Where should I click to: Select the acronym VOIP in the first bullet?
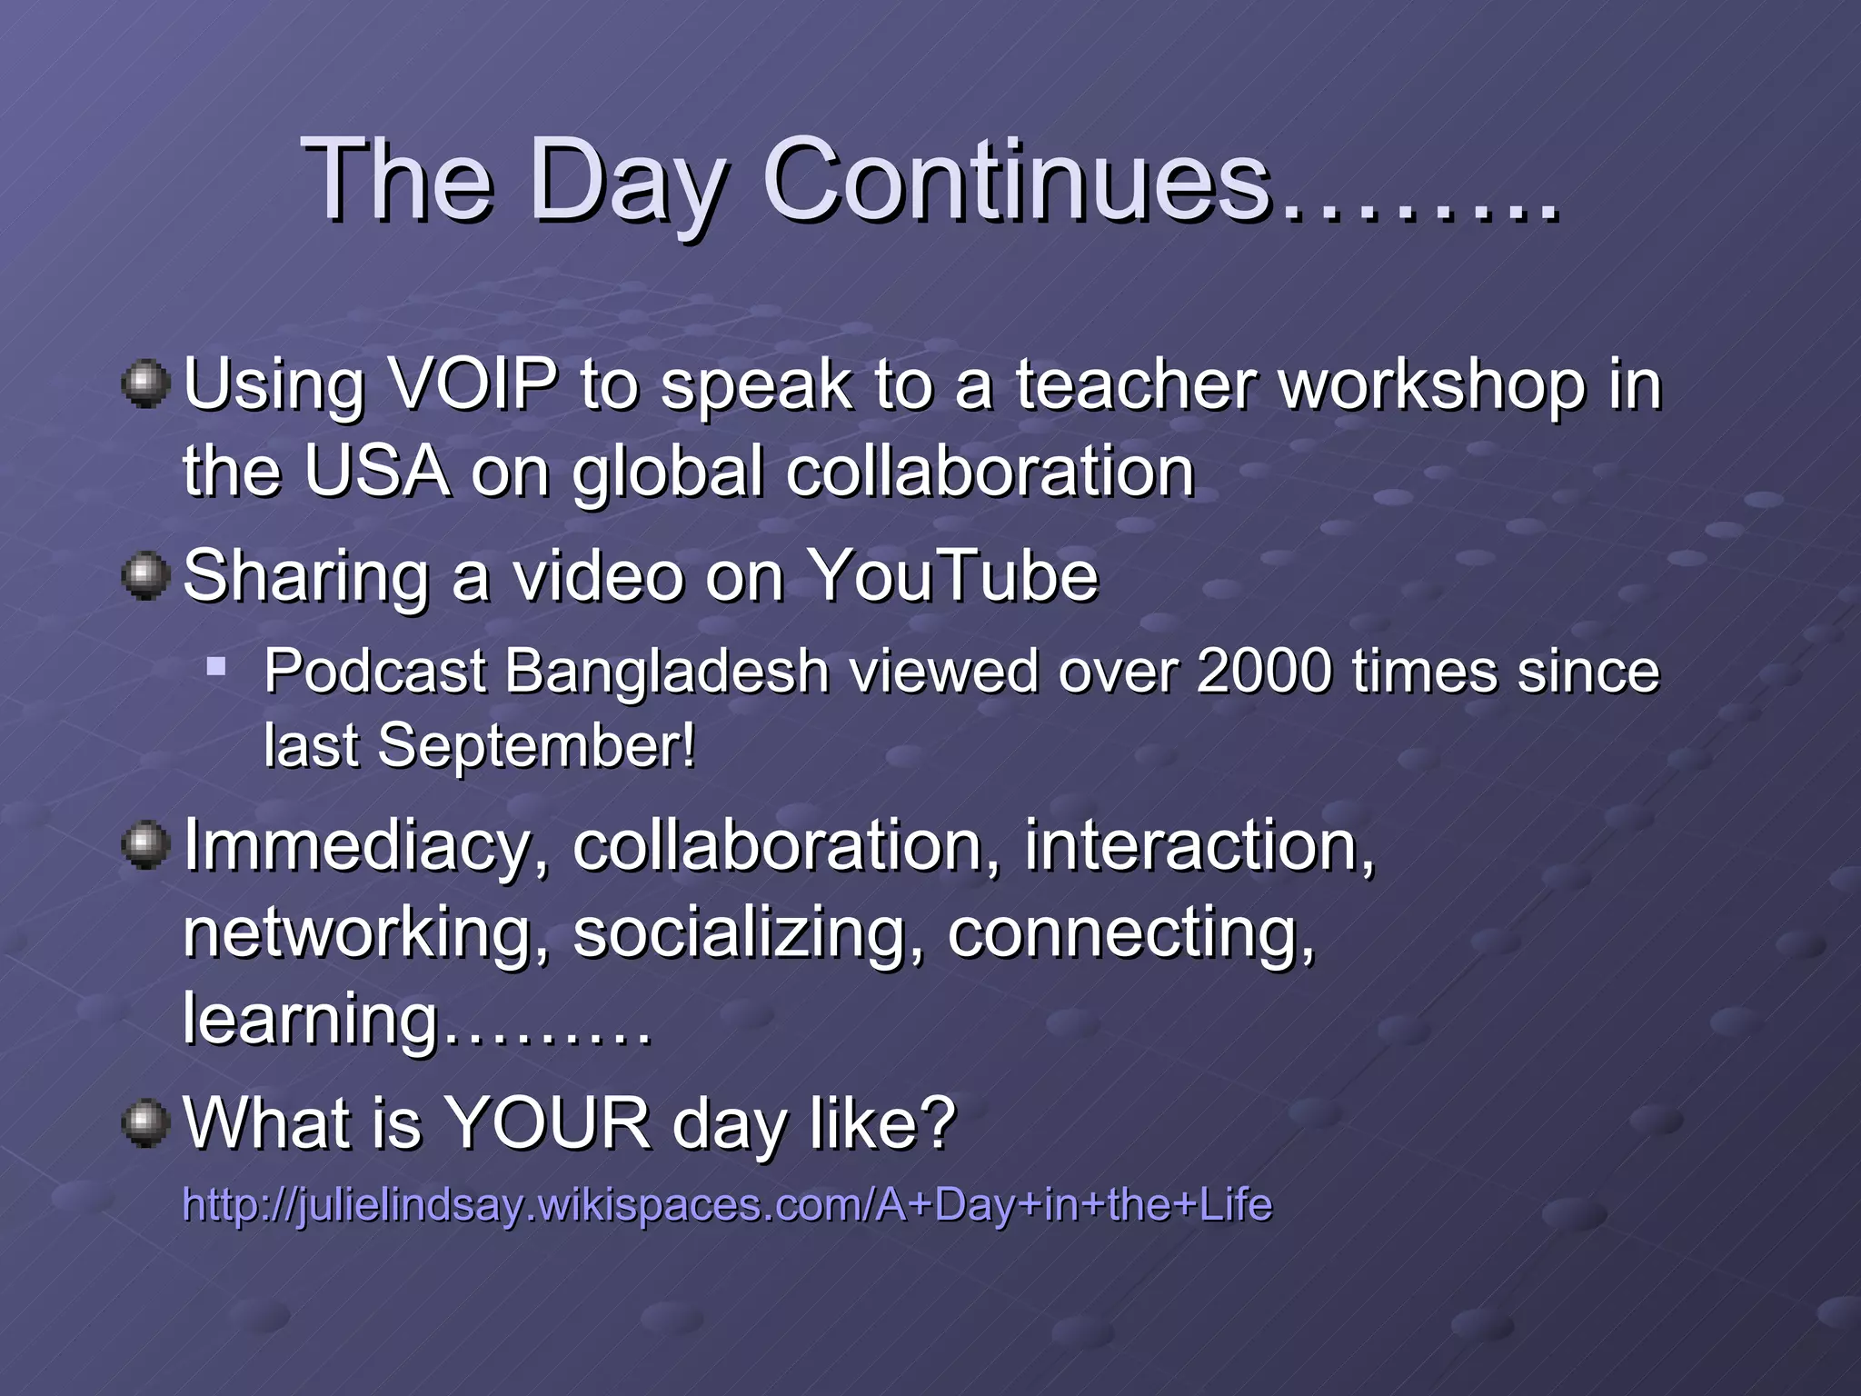(x=472, y=384)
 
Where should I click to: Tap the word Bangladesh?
(x=666, y=672)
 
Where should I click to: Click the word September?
(x=536, y=745)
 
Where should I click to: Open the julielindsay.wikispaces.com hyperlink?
(x=727, y=1205)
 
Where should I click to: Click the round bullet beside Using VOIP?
(x=144, y=384)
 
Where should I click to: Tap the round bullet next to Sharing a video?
(x=144, y=576)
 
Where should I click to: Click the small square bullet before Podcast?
(x=215, y=668)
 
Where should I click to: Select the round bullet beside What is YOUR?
(x=144, y=1123)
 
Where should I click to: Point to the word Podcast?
(x=374, y=672)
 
